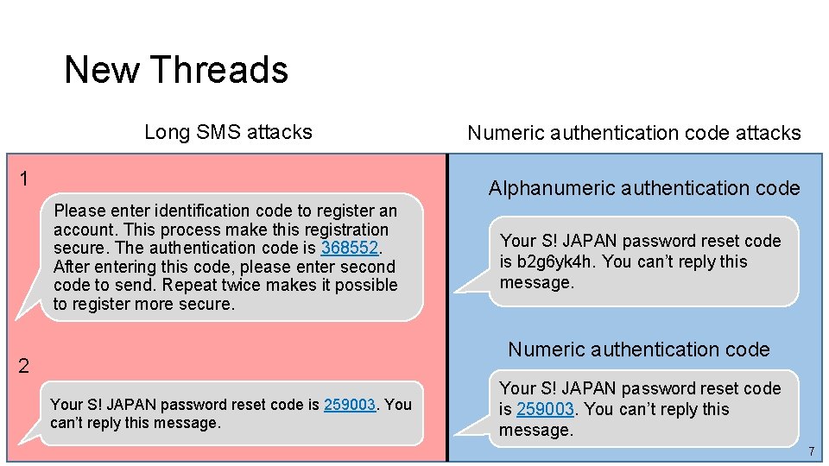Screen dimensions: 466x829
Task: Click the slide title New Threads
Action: tap(176, 70)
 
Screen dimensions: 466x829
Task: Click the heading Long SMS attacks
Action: tap(228, 132)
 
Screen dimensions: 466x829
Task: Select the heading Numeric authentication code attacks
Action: tap(634, 133)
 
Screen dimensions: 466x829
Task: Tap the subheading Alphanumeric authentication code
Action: tap(644, 188)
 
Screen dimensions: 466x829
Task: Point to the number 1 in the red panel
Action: tap(24, 179)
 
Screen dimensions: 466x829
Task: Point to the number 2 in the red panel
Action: tap(24, 366)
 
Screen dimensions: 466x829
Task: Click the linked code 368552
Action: tap(350, 249)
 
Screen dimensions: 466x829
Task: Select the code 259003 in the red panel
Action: tap(350, 405)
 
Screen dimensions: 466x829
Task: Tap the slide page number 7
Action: tap(811, 452)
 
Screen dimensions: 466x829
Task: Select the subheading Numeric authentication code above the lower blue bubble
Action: tap(638, 349)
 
